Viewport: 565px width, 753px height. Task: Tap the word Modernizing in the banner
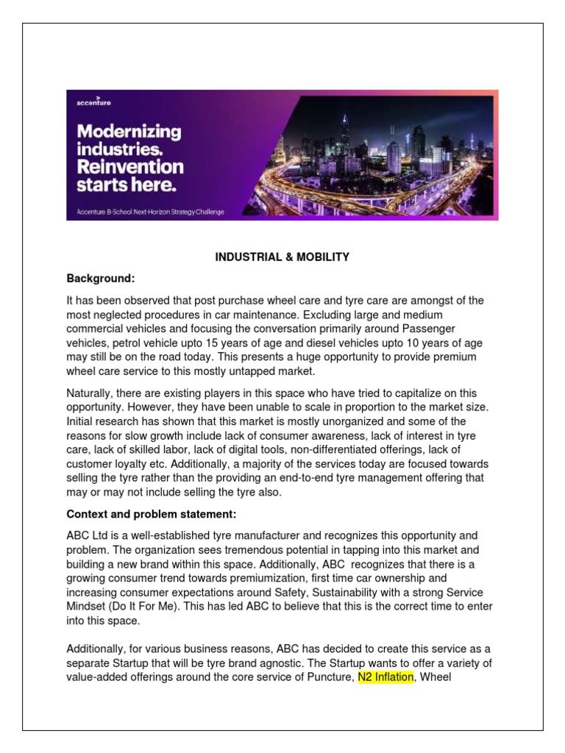pyautogui.click(x=129, y=132)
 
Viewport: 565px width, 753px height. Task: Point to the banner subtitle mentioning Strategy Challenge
pyautogui.click(x=151, y=212)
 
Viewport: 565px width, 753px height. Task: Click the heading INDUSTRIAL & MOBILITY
pyautogui.click(x=282, y=257)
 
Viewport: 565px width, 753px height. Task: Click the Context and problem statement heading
pyautogui.click(x=151, y=513)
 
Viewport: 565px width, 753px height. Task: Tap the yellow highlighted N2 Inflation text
pyautogui.click(x=385, y=677)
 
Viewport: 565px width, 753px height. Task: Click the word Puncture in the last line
pyautogui.click(x=330, y=677)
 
